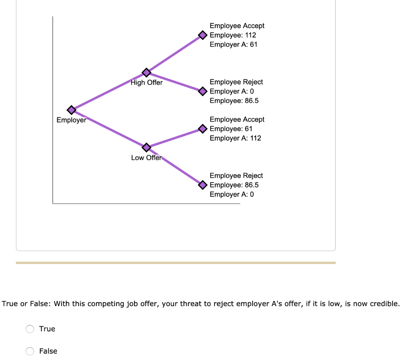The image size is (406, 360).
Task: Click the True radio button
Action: (30, 329)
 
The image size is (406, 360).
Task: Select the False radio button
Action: (30, 351)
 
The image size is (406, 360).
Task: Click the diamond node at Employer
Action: (71, 110)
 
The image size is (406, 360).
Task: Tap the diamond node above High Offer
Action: (146, 72)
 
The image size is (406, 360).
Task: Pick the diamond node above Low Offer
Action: (146, 147)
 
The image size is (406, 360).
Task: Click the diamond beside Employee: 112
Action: (203, 35)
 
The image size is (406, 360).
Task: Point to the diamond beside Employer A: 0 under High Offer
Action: (203, 91)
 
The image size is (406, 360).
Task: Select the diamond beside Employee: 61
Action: (203, 129)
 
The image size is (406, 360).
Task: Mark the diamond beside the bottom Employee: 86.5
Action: (203, 185)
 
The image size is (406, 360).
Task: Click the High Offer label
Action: (146, 83)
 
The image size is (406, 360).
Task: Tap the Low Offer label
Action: (146, 158)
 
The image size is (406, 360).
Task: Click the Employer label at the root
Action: (71, 120)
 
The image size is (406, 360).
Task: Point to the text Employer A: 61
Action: (233, 44)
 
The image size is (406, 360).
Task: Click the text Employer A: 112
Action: (235, 138)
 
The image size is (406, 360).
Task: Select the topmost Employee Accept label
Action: (237, 26)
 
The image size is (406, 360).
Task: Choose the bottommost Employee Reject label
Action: (236, 175)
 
